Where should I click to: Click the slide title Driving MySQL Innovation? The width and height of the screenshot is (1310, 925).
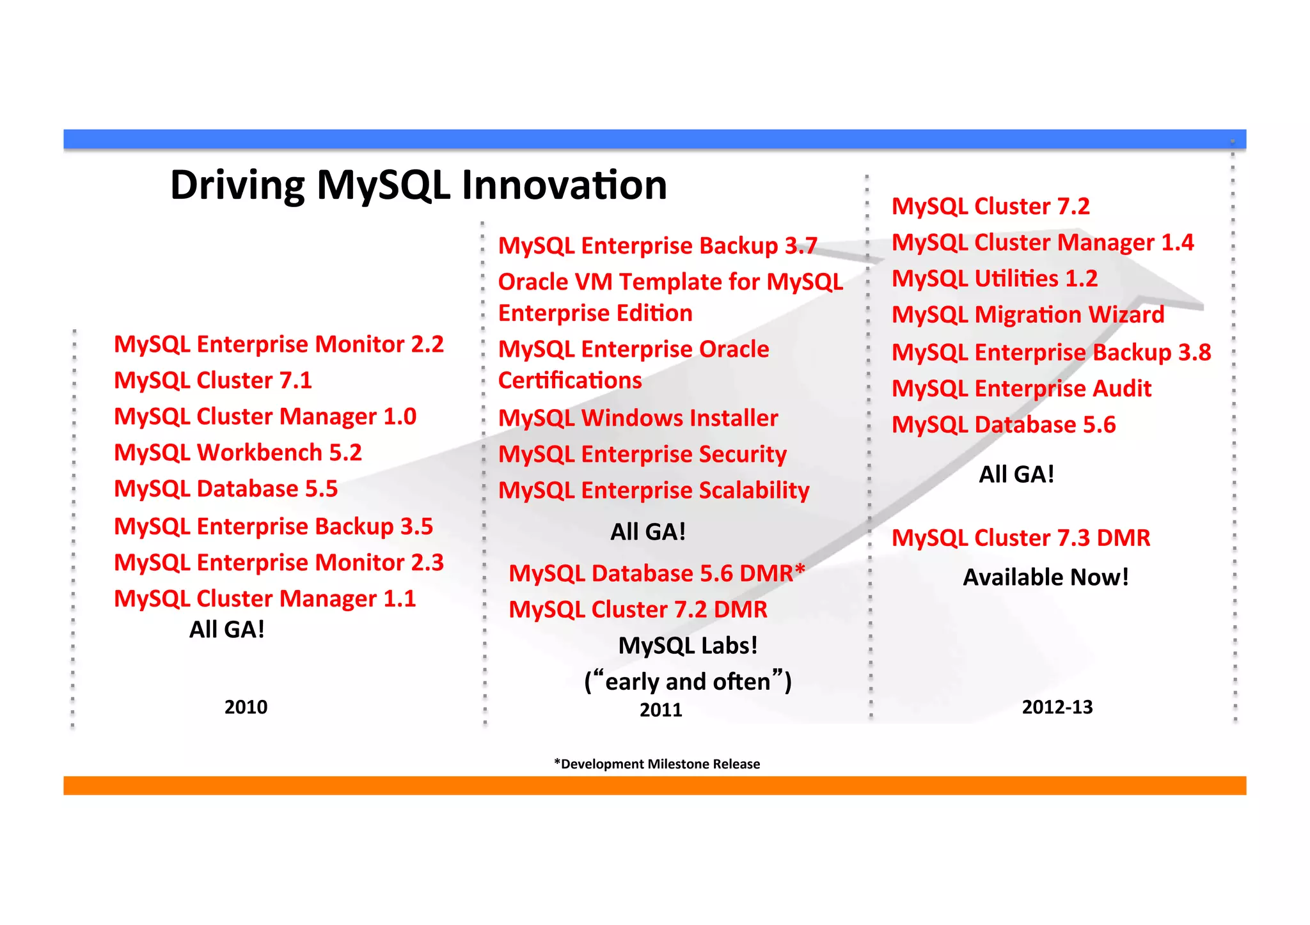point(418,185)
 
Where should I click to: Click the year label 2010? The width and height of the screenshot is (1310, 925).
point(246,707)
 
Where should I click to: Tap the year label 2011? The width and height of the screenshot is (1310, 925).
point(661,710)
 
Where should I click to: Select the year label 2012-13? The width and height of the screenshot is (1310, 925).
point(1057,707)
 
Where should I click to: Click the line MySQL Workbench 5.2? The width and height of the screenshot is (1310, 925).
point(238,453)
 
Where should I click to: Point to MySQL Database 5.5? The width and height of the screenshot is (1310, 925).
point(226,489)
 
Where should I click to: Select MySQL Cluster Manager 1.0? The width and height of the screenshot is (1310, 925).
point(265,417)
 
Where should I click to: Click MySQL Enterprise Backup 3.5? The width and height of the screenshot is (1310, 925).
point(273,527)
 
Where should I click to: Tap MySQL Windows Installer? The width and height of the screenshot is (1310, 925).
point(638,418)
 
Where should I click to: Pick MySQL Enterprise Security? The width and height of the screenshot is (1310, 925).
point(642,455)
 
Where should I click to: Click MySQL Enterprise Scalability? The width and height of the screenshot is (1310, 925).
point(654,491)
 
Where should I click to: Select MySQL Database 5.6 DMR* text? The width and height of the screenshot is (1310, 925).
point(656,573)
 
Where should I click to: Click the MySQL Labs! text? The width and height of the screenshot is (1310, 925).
point(688,646)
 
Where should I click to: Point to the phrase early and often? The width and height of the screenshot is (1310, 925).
point(688,682)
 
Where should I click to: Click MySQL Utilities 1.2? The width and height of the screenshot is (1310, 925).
point(995,279)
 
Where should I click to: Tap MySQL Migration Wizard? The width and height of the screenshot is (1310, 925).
point(1028,315)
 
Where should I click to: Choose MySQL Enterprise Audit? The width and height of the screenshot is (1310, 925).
point(1022,389)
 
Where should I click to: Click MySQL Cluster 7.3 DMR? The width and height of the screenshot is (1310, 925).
point(1021,538)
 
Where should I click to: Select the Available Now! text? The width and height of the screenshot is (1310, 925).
point(1046,577)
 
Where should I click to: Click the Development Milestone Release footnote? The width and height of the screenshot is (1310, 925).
point(657,764)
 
